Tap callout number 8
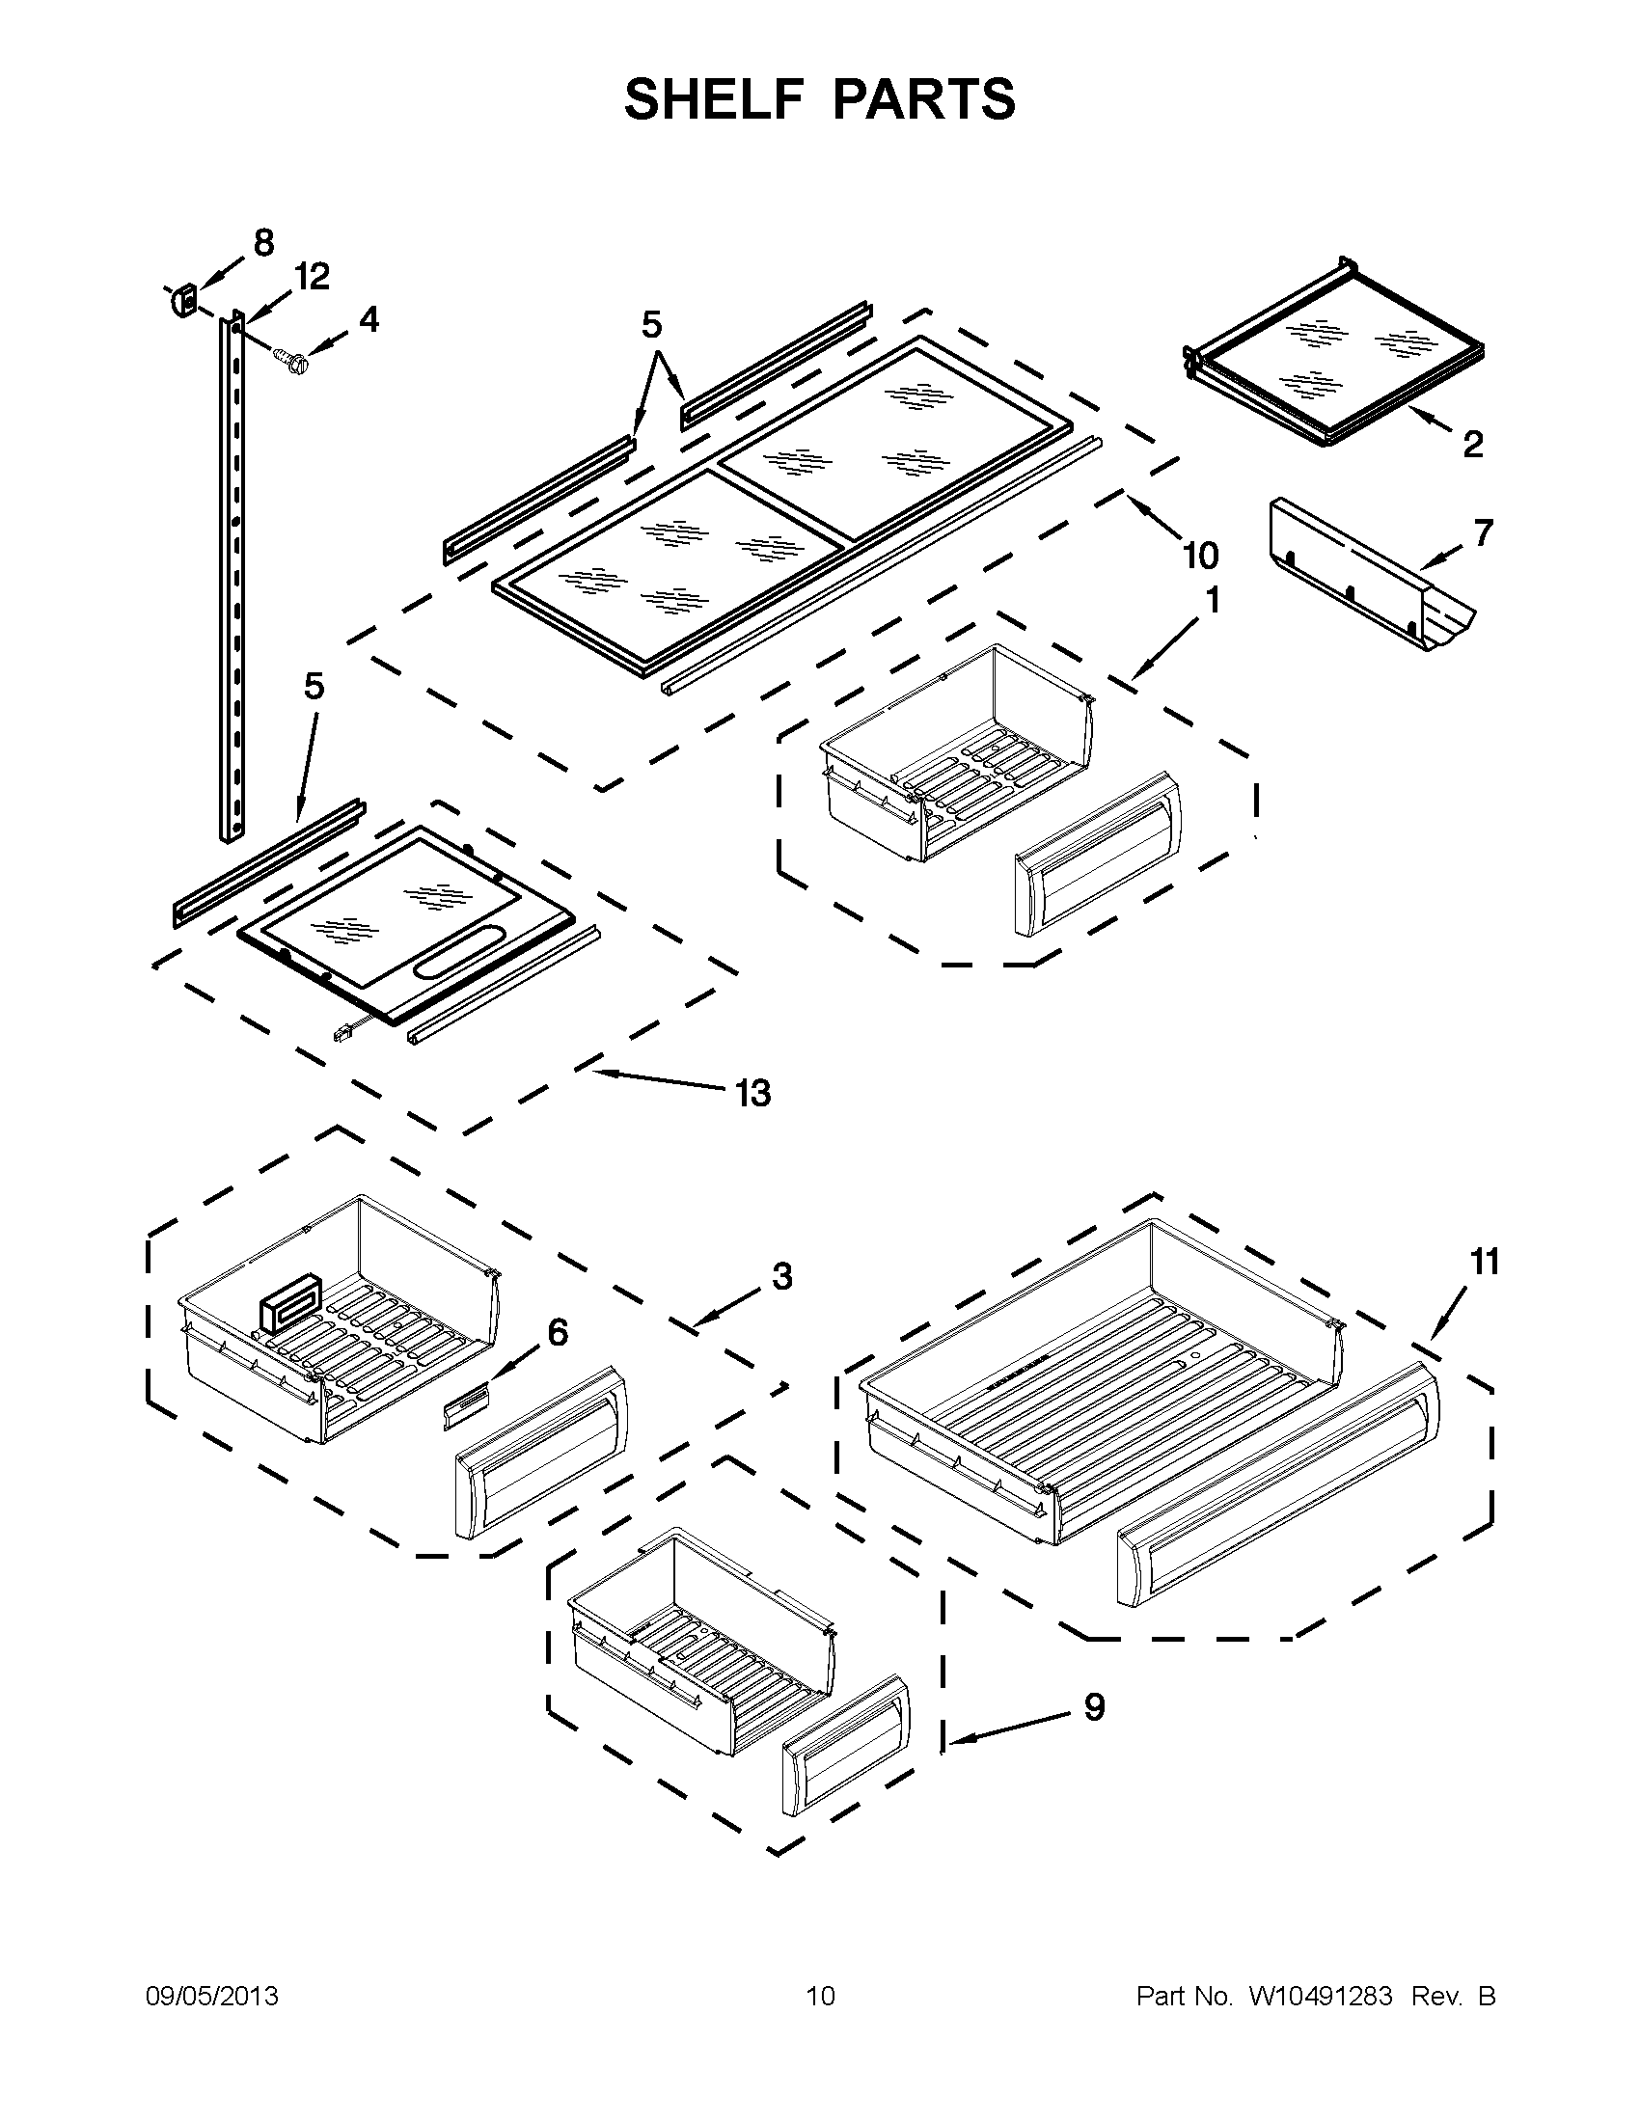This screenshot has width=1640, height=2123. click(263, 242)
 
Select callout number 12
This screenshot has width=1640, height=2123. click(312, 277)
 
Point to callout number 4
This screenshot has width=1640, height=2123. click(369, 320)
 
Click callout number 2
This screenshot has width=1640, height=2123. click(1473, 445)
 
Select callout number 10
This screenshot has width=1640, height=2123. click(1201, 556)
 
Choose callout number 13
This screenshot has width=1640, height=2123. click(752, 1093)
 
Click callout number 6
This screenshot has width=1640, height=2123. click(557, 1332)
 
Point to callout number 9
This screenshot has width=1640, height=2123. click(1094, 1707)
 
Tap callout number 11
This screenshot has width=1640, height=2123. click(1485, 1262)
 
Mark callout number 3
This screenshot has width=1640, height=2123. click(782, 1275)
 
